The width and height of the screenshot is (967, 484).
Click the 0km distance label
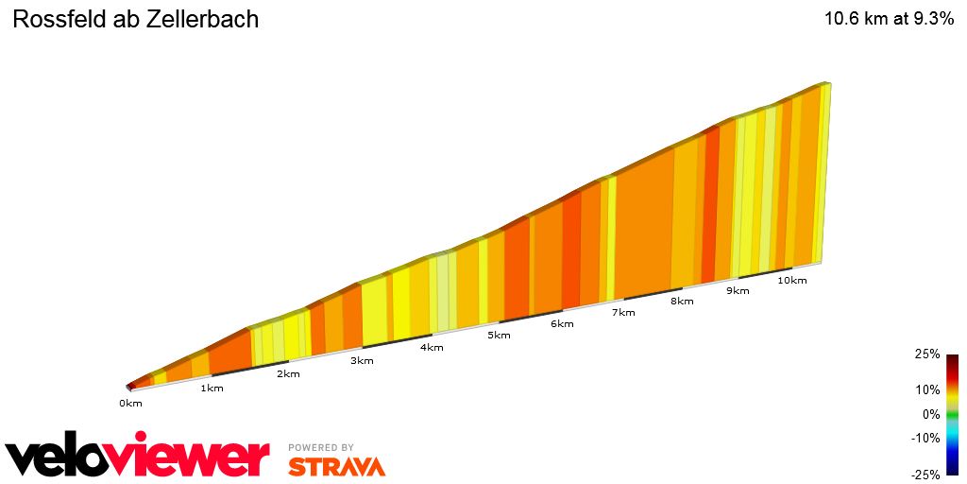coord(130,404)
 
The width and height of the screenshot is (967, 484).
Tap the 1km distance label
coord(212,389)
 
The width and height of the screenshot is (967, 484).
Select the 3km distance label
coord(362,360)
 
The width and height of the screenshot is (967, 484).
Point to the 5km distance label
coord(499,335)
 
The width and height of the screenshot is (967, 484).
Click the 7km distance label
coord(623,312)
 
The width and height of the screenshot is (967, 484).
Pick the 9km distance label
coord(738,290)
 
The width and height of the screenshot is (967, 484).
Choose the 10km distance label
coord(792,280)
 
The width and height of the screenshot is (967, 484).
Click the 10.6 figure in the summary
coord(842,19)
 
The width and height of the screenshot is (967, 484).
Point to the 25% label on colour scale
coord(927,354)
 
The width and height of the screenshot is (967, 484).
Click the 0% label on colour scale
coord(931,414)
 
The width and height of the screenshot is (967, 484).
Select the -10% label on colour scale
coord(925,438)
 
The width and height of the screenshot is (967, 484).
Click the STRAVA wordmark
coord(336,466)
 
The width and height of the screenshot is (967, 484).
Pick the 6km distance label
coord(562,324)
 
